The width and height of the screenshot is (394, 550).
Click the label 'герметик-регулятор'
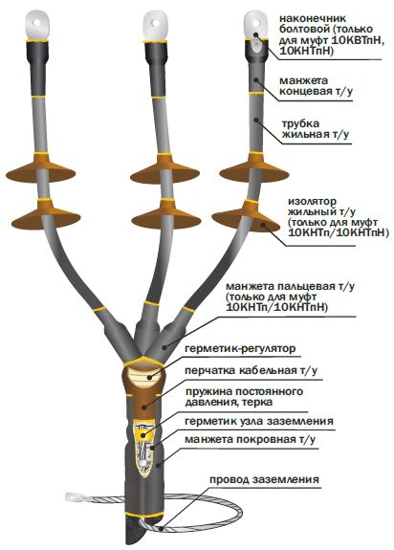pos(240,349)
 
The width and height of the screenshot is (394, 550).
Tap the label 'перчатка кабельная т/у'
pos(251,370)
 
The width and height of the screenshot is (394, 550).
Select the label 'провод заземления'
pos(264,479)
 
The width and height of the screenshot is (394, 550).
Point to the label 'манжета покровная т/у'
pos(250,439)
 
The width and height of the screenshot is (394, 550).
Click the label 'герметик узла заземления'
pos(259,421)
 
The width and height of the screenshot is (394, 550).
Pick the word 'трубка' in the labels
pos(300,123)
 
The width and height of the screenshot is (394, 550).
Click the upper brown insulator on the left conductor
pos(41,169)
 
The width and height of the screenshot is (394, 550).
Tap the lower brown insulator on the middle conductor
pos(165,214)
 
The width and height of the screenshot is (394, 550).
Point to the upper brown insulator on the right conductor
pos(254,168)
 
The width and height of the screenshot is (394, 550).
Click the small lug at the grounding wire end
pos(73,496)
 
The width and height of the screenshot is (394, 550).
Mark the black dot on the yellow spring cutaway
pos(143,435)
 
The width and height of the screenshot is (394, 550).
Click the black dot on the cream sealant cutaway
pos(150,378)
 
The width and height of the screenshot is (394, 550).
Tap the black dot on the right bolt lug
pos(256,34)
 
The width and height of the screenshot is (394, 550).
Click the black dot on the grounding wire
pos(161,528)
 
